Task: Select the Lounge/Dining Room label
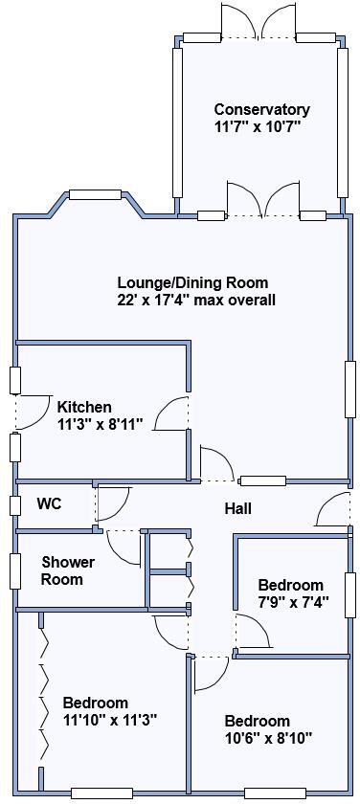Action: tap(192, 282)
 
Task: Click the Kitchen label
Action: tap(84, 407)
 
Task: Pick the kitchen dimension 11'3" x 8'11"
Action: tap(100, 424)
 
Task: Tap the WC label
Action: tap(50, 503)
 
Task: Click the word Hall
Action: tap(238, 508)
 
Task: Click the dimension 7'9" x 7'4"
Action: tap(290, 602)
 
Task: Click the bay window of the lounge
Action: tap(96, 195)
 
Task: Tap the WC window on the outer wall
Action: tap(15, 504)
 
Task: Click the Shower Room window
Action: tap(15, 570)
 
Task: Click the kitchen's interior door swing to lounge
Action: tap(173, 413)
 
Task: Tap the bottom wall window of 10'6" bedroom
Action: tap(275, 793)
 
